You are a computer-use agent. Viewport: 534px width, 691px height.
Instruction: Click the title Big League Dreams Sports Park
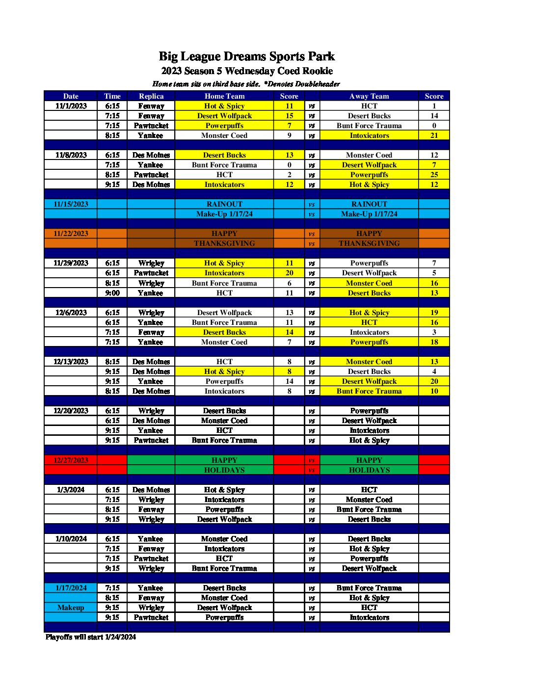point(246,56)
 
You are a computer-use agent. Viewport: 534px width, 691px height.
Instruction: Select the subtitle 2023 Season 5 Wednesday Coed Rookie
point(246,71)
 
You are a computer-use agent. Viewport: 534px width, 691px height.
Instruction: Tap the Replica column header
point(151,96)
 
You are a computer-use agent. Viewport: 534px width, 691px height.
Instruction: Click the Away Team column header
point(369,96)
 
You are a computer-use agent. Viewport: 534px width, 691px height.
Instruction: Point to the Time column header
point(112,96)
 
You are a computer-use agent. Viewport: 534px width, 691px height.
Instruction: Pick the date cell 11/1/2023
point(71,106)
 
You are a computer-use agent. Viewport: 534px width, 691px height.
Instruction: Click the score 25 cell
point(434,175)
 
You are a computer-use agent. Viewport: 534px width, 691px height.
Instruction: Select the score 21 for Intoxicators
point(434,135)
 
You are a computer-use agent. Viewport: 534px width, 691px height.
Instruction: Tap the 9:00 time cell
point(112,293)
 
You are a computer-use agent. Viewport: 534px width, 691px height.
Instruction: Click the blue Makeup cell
point(71,608)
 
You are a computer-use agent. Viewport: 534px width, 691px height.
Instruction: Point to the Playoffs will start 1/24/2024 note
point(91,637)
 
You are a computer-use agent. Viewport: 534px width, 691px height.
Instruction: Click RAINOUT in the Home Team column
point(224,204)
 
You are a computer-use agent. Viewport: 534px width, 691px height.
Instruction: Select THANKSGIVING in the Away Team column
point(369,243)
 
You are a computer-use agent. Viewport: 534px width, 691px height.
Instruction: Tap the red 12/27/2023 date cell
point(71,460)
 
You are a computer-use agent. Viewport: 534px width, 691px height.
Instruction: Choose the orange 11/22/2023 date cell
point(71,234)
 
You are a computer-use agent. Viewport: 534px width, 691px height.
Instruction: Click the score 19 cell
point(434,313)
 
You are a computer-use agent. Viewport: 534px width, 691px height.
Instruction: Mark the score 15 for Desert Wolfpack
point(289,116)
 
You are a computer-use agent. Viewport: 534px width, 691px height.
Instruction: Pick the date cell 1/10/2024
point(71,539)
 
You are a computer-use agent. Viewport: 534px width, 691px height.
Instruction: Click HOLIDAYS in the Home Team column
point(224,470)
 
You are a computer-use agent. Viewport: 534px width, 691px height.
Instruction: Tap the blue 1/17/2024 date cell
point(71,588)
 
